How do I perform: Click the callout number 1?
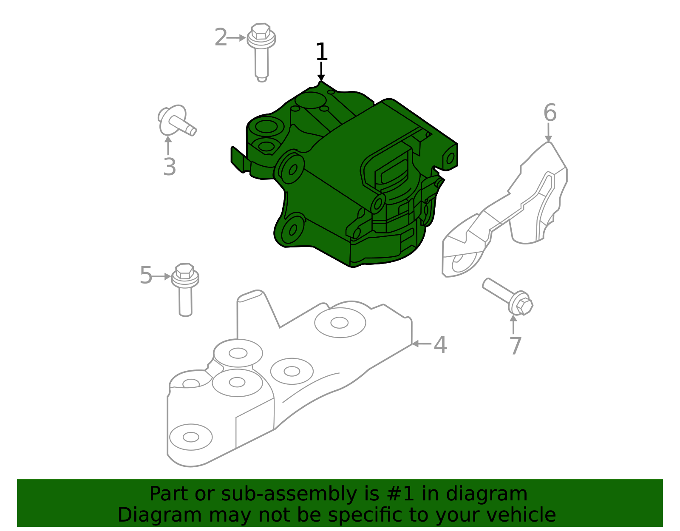(x=322, y=52)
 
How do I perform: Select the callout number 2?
(x=221, y=38)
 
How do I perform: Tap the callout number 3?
(x=169, y=167)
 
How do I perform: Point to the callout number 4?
(x=440, y=345)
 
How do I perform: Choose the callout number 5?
(x=146, y=275)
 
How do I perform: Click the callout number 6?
(x=550, y=113)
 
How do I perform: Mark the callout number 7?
(x=515, y=346)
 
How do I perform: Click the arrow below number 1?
(x=321, y=71)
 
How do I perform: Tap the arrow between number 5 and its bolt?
(x=161, y=276)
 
